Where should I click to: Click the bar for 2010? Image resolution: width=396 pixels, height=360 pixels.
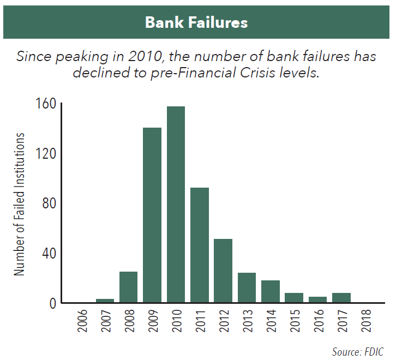(176, 205)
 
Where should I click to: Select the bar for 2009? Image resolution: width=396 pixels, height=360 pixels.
(152, 215)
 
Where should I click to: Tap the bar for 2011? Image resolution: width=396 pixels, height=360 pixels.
(200, 245)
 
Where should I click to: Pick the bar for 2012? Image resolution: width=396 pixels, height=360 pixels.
(223, 271)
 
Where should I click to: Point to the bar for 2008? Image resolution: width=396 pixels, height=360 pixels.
(128, 287)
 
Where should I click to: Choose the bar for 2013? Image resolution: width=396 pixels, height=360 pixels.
(247, 287)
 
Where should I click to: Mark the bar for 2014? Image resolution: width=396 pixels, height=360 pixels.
(271, 291)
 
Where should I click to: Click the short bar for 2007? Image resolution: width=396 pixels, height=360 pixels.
(105, 301)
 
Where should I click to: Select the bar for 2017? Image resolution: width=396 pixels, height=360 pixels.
(341, 298)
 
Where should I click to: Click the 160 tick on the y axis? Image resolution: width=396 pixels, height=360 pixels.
(46, 104)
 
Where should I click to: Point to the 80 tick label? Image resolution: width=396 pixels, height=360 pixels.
(49, 203)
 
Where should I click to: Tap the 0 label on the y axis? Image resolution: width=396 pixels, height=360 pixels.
(53, 303)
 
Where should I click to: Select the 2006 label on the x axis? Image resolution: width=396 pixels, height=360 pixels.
(82, 320)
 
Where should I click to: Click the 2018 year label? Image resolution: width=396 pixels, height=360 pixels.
(366, 320)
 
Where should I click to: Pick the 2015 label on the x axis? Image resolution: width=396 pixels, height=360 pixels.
(295, 320)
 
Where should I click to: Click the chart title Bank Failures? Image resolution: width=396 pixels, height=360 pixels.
(196, 22)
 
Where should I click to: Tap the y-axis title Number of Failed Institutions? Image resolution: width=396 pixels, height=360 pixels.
(19, 204)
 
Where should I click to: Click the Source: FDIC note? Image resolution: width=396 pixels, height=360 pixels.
(358, 352)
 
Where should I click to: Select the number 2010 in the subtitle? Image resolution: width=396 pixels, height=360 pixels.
(145, 56)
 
